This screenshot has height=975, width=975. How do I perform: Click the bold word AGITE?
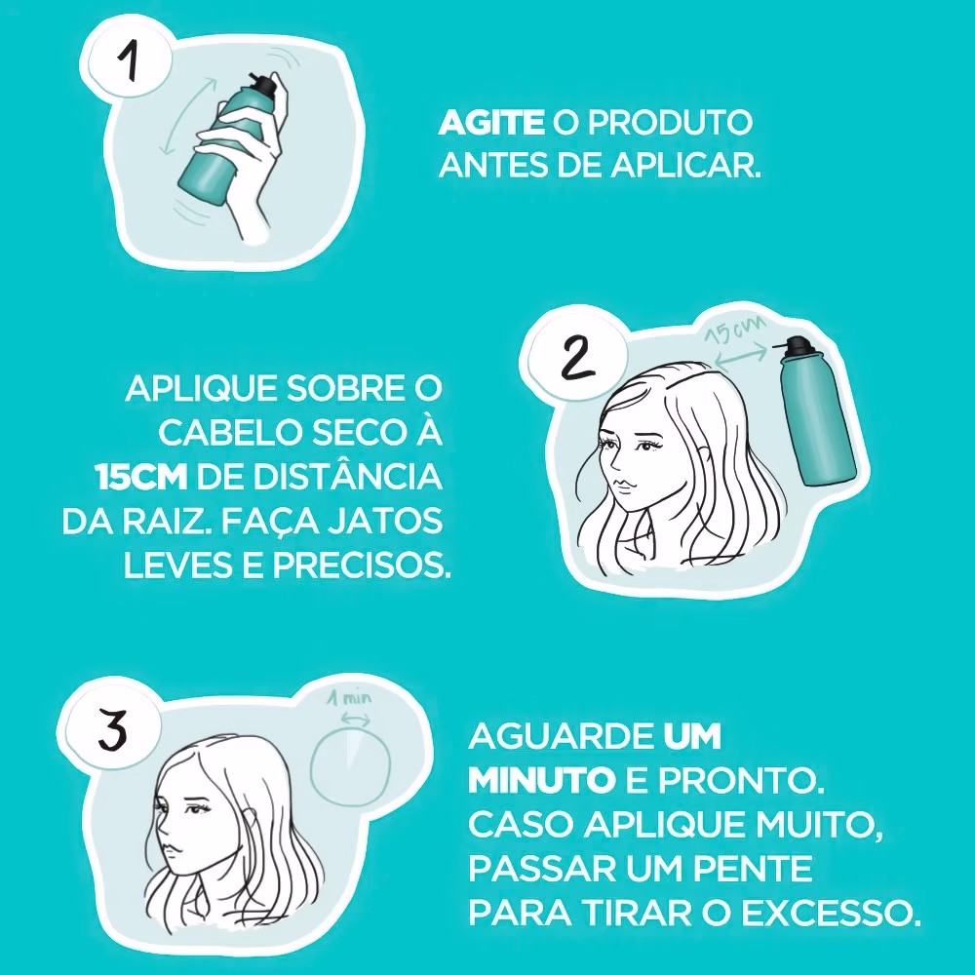[490, 124]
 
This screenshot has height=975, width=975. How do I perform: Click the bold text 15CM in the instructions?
[142, 479]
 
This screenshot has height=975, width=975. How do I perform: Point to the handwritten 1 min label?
[348, 698]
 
